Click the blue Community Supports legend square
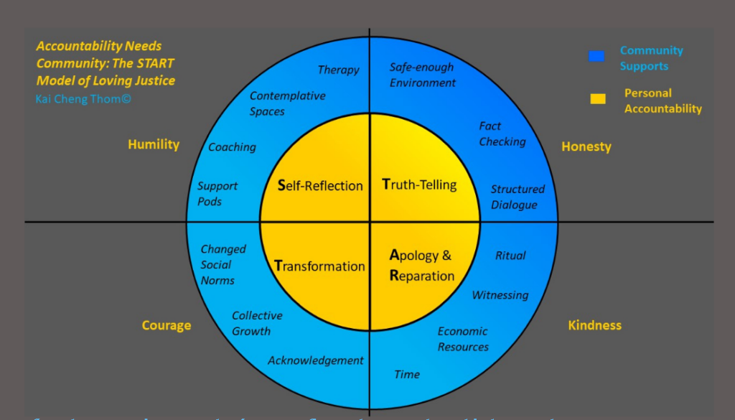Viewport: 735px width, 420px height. tap(596, 56)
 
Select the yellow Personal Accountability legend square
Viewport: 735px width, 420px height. tap(597, 99)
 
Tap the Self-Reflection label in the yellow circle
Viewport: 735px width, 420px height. tap(320, 186)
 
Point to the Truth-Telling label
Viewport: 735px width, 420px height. tap(419, 185)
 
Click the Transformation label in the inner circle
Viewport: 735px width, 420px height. tap(319, 266)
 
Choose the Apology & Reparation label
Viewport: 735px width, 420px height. tap(422, 265)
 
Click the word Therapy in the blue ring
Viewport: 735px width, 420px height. tap(338, 70)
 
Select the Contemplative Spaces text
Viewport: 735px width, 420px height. tap(287, 103)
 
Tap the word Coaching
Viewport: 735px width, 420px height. tap(232, 147)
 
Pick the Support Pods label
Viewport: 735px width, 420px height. tap(217, 194)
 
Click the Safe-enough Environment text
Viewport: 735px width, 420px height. tap(422, 75)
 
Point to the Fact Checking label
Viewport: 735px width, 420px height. tap(502, 134)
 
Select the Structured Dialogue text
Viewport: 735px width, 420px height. tap(518, 197)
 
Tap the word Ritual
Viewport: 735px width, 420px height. tap(510, 256)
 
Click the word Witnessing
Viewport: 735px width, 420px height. tap(500, 295)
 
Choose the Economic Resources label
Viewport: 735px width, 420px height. tap(463, 339)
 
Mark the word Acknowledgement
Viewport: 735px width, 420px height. tap(316, 360)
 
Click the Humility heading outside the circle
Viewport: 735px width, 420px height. tap(154, 144)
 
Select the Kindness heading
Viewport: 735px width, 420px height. tap(594, 325)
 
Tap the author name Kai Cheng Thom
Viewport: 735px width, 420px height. tap(83, 98)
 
